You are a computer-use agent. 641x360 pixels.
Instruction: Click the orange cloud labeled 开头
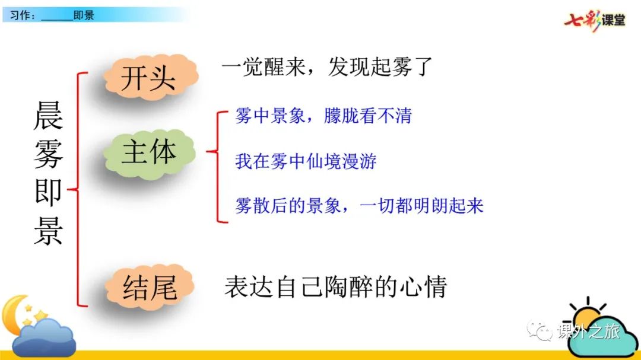point(151,77)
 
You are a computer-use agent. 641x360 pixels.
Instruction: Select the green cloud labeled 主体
point(150,154)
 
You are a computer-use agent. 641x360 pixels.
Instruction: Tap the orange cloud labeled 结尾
point(150,287)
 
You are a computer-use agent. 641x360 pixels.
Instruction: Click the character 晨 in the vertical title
point(48,116)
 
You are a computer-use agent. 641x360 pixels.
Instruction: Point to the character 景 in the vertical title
point(48,231)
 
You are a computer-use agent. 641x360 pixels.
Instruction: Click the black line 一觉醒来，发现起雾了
point(326,66)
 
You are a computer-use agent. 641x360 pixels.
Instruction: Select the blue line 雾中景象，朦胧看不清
point(323,116)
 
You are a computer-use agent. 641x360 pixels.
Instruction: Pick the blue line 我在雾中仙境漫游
point(306,161)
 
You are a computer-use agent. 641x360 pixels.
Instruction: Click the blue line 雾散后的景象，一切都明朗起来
point(359,206)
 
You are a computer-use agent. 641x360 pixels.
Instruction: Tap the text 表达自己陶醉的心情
point(335,287)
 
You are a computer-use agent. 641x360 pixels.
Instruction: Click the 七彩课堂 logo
point(595,20)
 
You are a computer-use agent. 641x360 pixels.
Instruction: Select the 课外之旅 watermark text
point(589,331)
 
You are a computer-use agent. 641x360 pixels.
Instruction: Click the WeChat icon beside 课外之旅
point(540,330)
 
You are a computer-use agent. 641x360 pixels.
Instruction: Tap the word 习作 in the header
point(19,15)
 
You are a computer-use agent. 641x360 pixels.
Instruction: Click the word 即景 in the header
point(84,15)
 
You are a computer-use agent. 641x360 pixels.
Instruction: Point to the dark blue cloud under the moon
point(44,337)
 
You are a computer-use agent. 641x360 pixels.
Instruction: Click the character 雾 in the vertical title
point(48,154)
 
